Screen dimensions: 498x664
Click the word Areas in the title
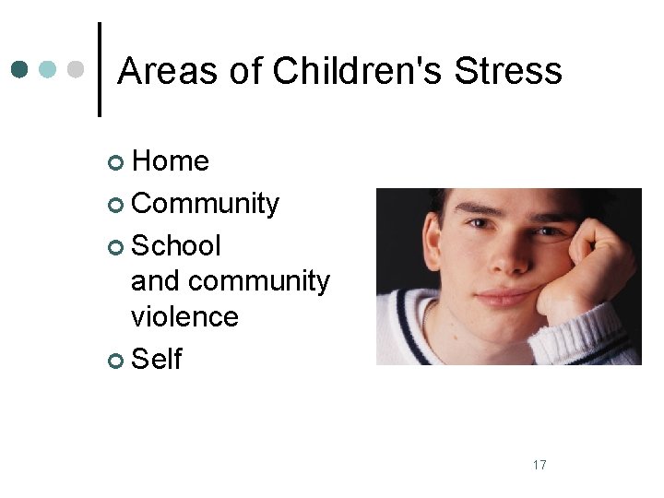[156, 71]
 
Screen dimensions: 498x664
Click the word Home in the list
[171, 161]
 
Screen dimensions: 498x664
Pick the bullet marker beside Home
[115, 163]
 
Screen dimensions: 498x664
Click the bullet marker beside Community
[115, 205]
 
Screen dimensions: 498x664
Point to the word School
[176, 245]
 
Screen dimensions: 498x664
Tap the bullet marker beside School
[115, 247]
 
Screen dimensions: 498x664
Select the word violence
[184, 316]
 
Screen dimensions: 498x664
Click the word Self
[157, 358]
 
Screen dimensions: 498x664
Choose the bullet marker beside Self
[115, 360]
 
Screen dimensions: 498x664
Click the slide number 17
[539, 465]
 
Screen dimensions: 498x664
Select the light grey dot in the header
[77, 69]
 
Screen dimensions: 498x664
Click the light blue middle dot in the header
[49, 69]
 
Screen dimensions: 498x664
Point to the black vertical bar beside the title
[99, 69]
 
